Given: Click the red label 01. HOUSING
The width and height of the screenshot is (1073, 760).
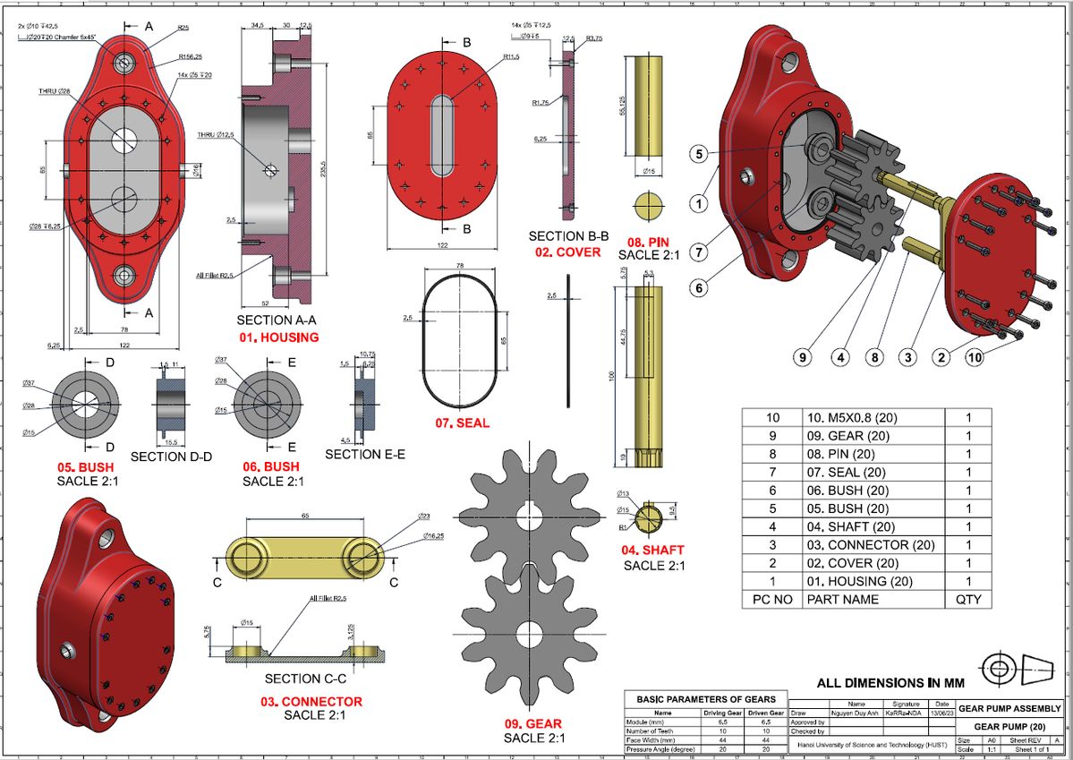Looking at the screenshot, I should (277, 337).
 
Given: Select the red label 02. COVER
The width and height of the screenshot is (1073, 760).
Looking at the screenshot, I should (568, 252).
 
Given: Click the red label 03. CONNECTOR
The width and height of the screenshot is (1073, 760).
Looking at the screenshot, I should (311, 701).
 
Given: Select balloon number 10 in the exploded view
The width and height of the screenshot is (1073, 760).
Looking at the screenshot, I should (975, 357).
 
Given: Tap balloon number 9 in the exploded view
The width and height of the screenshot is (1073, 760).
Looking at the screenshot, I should (802, 357).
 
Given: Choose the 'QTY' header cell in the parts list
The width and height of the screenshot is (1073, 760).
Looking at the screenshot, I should (968, 599).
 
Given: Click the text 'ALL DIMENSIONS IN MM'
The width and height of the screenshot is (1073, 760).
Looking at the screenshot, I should (891, 682).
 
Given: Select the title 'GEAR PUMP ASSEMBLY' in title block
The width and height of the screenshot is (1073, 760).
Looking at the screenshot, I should (1009, 708).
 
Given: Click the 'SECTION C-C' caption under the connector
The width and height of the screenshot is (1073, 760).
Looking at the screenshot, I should (303, 678).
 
